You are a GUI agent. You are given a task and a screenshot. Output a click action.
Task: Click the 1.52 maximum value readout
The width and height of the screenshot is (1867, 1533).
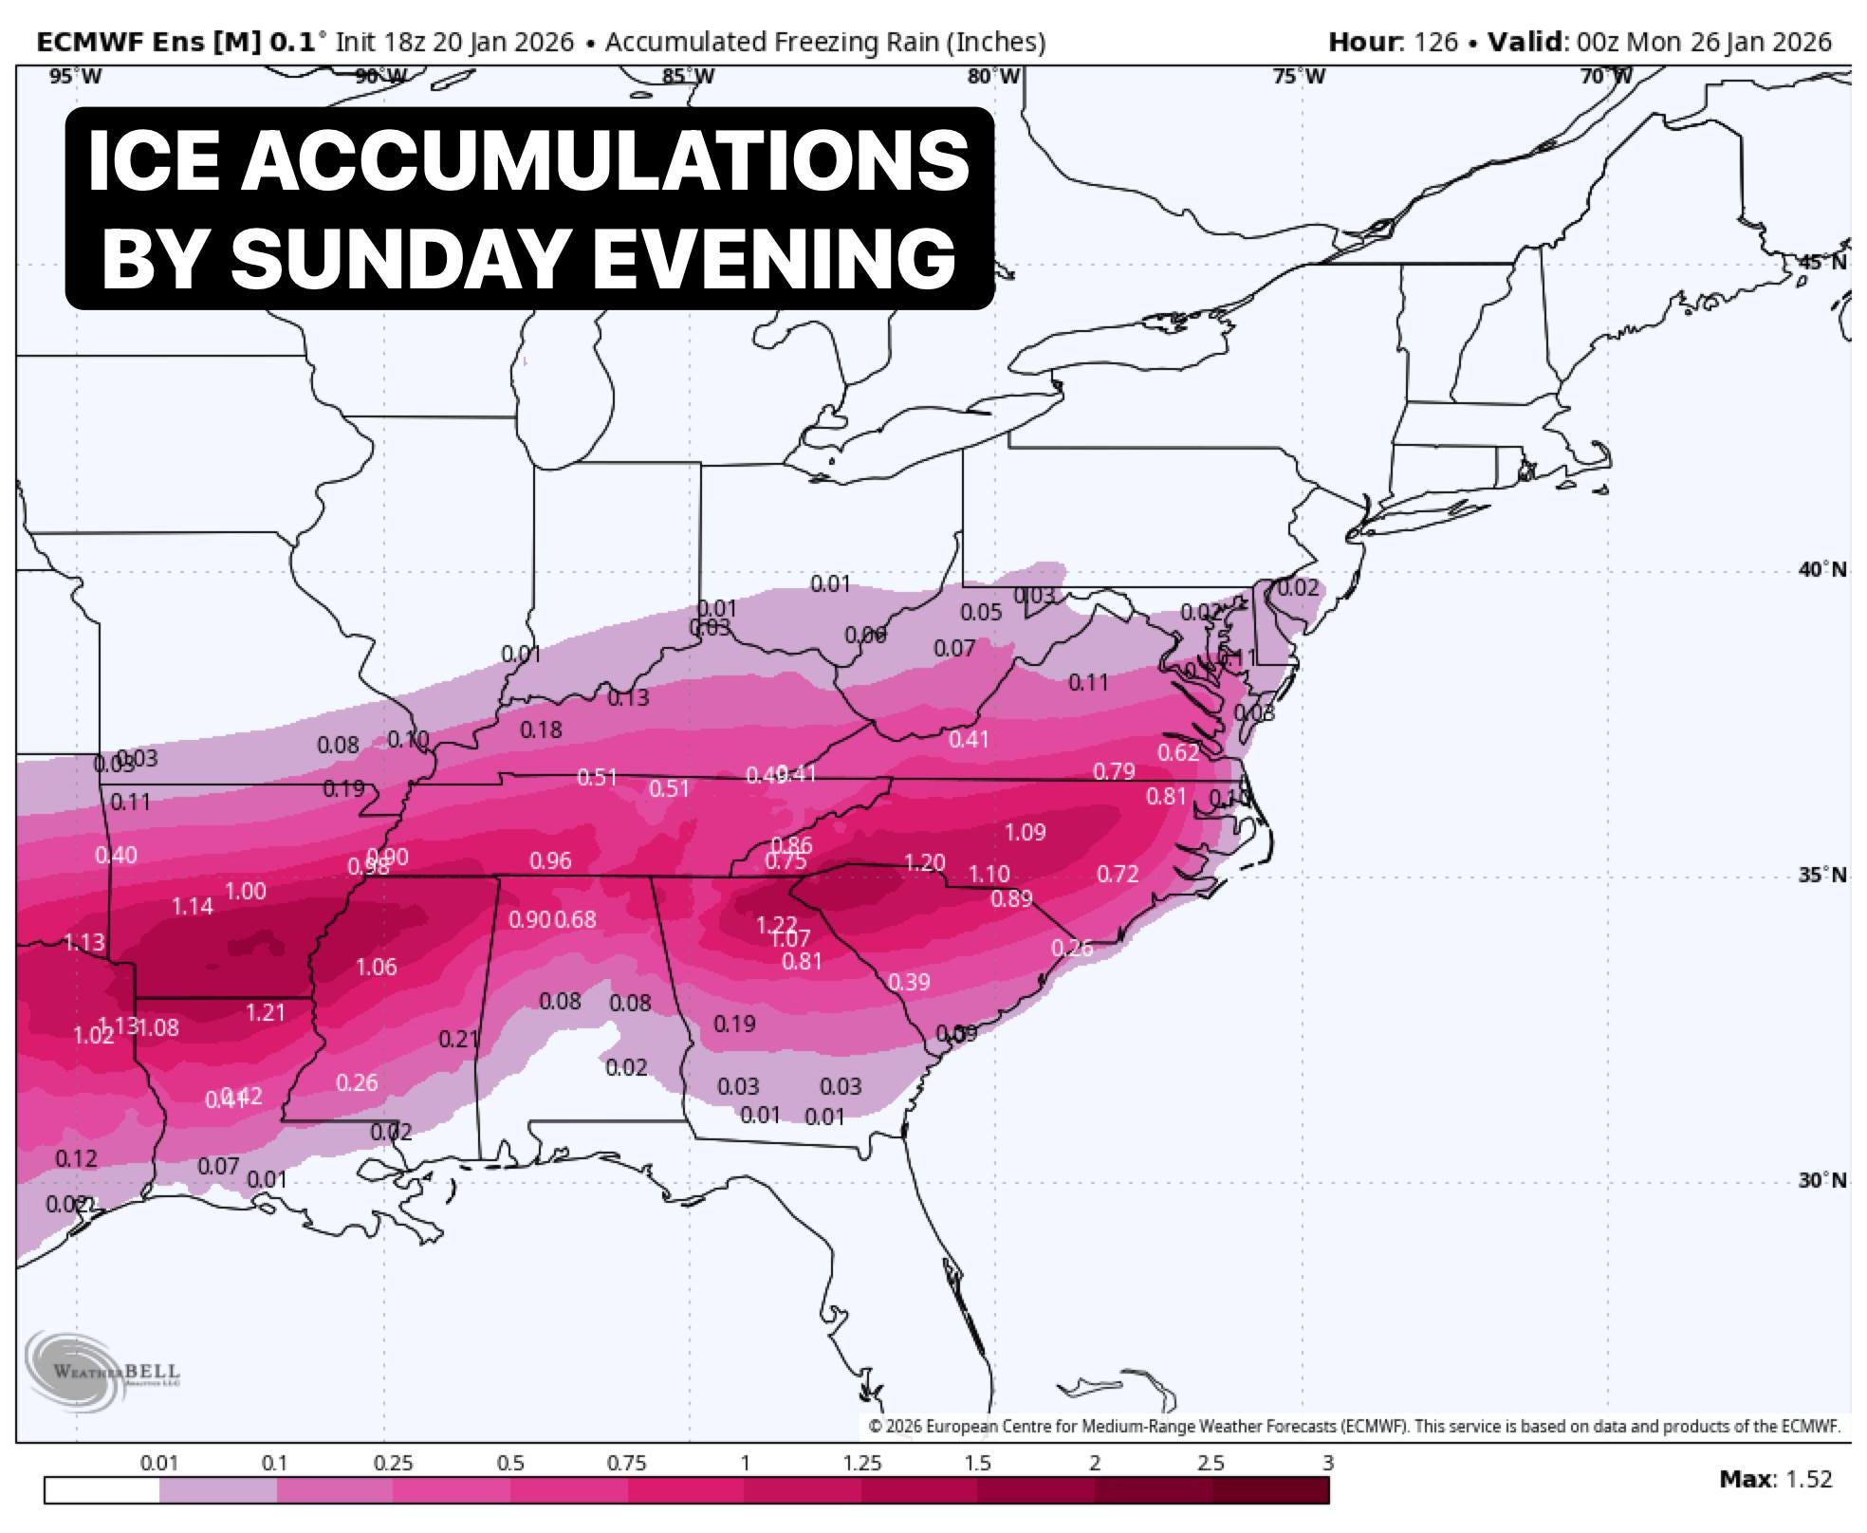(1810, 1479)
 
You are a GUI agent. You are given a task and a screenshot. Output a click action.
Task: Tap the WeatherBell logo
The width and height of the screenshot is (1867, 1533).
(102, 1371)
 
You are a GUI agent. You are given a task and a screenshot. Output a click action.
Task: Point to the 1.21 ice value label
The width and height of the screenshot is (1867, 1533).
(265, 1012)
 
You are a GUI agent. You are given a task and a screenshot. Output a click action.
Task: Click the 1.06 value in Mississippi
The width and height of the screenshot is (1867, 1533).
(376, 967)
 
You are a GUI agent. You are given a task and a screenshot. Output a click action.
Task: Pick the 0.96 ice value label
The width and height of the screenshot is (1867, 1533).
(550, 860)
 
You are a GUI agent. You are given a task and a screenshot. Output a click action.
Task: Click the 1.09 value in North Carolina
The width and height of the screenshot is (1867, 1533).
(1025, 832)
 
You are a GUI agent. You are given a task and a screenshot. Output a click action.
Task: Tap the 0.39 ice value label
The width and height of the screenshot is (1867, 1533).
(909, 982)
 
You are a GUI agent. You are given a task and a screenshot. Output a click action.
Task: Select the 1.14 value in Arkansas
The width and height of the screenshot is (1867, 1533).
(192, 906)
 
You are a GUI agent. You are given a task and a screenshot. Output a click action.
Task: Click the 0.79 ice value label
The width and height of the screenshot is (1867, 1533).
(1114, 771)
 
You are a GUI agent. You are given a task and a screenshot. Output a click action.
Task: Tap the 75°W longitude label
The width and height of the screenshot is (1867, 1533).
(1299, 76)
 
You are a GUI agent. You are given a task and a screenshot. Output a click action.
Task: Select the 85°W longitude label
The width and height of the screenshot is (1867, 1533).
(688, 76)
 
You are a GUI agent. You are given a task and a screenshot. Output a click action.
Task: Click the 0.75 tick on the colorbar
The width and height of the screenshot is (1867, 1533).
(626, 1464)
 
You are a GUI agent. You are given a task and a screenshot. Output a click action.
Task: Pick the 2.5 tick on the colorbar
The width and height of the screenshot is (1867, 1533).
(1211, 1464)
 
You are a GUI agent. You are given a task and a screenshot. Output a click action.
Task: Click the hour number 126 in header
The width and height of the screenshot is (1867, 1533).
(1435, 42)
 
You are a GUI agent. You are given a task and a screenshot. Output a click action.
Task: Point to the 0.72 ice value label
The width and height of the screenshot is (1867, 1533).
(1117, 874)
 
